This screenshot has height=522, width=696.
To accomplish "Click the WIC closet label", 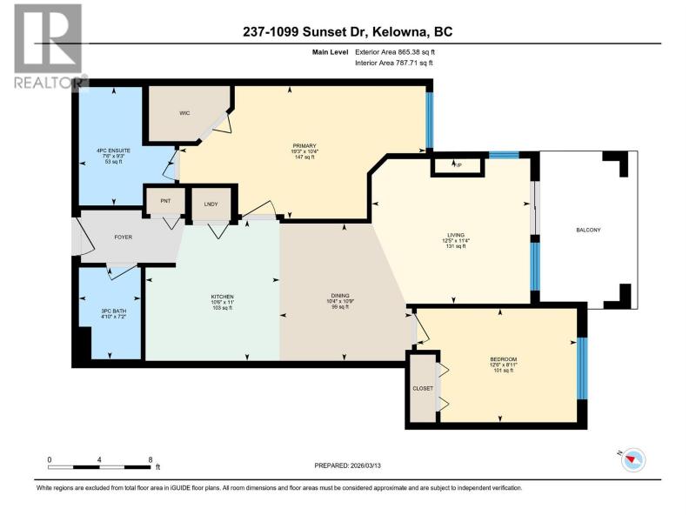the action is tap(184, 113).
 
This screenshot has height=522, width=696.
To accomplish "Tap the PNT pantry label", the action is tap(165, 201).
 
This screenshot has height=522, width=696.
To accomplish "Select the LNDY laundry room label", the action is tap(211, 204).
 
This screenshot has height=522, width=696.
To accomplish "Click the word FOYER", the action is tap(124, 237).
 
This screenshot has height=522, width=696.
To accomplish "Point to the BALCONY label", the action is tap(588, 230).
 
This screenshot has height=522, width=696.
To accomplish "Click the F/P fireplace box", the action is tap(458, 165).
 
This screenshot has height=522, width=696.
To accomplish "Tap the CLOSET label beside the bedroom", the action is tap(423, 388).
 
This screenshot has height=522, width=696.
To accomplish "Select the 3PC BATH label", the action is tap(114, 311).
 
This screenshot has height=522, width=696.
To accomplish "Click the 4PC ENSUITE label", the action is tap(114, 151).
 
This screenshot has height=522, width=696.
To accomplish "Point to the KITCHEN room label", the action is tap(223, 297).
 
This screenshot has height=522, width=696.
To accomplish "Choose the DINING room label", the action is tap(340, 296).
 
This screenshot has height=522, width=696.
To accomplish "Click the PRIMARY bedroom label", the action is tap(304, 146).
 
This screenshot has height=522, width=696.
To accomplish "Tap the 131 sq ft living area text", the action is tap(456, 246).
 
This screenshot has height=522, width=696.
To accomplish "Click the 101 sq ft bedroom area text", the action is tap(504, 371).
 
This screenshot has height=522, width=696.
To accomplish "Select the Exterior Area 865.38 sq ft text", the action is tap(395, 52).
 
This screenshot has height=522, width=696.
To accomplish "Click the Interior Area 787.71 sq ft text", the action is tap(394, 63).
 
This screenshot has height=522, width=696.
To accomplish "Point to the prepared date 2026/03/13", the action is tap(365, 465).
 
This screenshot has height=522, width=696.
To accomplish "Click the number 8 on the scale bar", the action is tap(151, 460).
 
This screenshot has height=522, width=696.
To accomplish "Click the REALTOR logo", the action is tap(49, 46).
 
